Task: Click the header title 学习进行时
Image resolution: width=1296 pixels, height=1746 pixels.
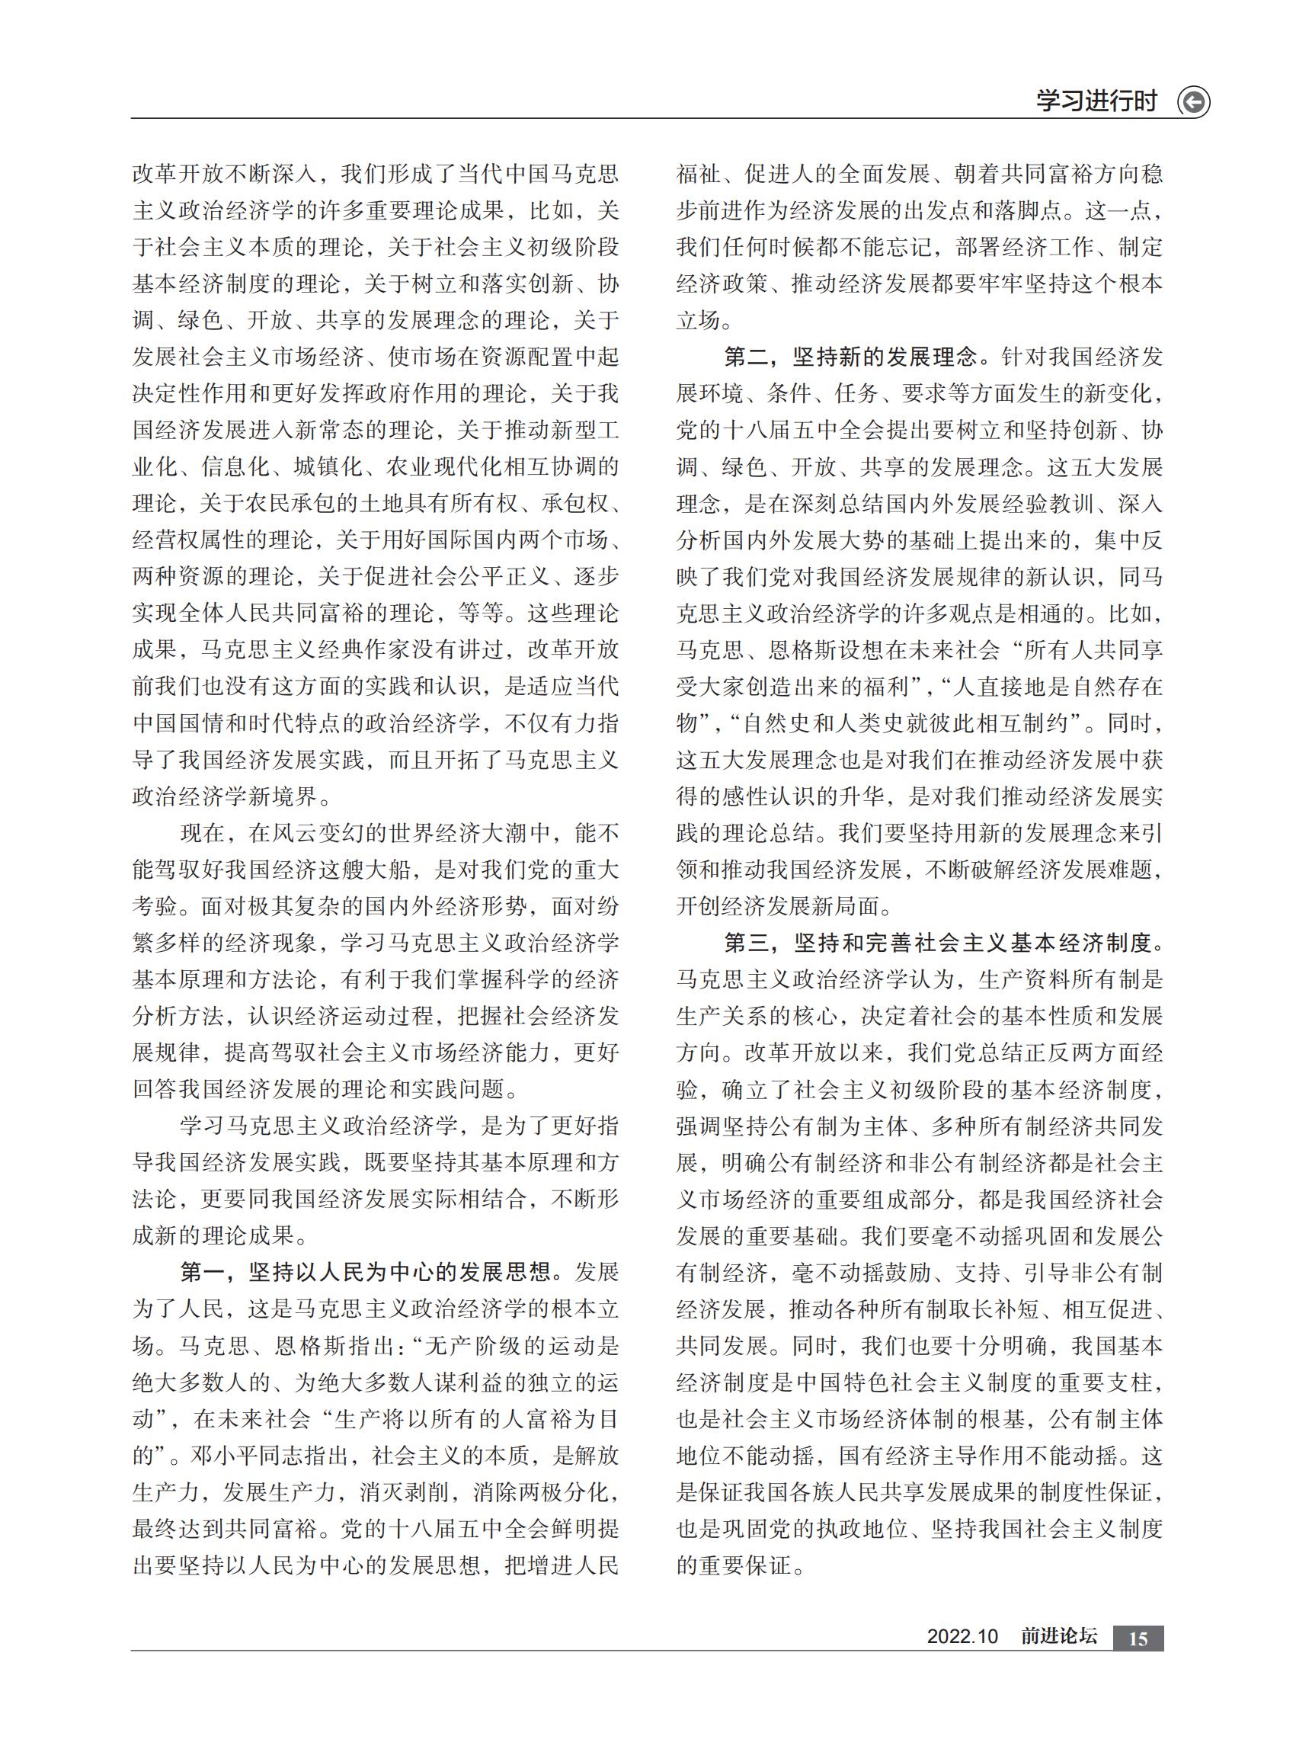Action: (1096, 101)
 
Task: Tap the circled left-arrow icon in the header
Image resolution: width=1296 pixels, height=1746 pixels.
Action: (1193, 102)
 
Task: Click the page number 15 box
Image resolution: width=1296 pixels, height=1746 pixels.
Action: (1138, 1639)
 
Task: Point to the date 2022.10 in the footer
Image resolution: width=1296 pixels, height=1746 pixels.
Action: (962, 1637)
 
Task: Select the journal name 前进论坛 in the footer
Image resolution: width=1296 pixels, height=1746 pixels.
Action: (1059, 1637)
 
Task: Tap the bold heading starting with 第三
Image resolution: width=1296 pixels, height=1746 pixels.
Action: (944, 943)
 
